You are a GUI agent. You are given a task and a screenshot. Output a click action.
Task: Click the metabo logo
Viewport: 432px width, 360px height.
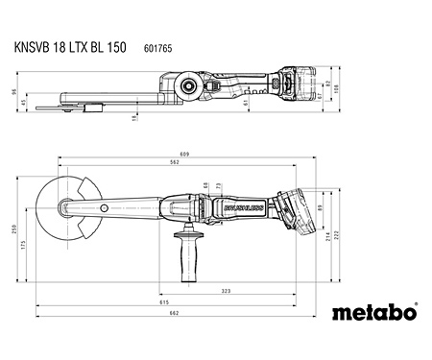click(374, 312)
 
